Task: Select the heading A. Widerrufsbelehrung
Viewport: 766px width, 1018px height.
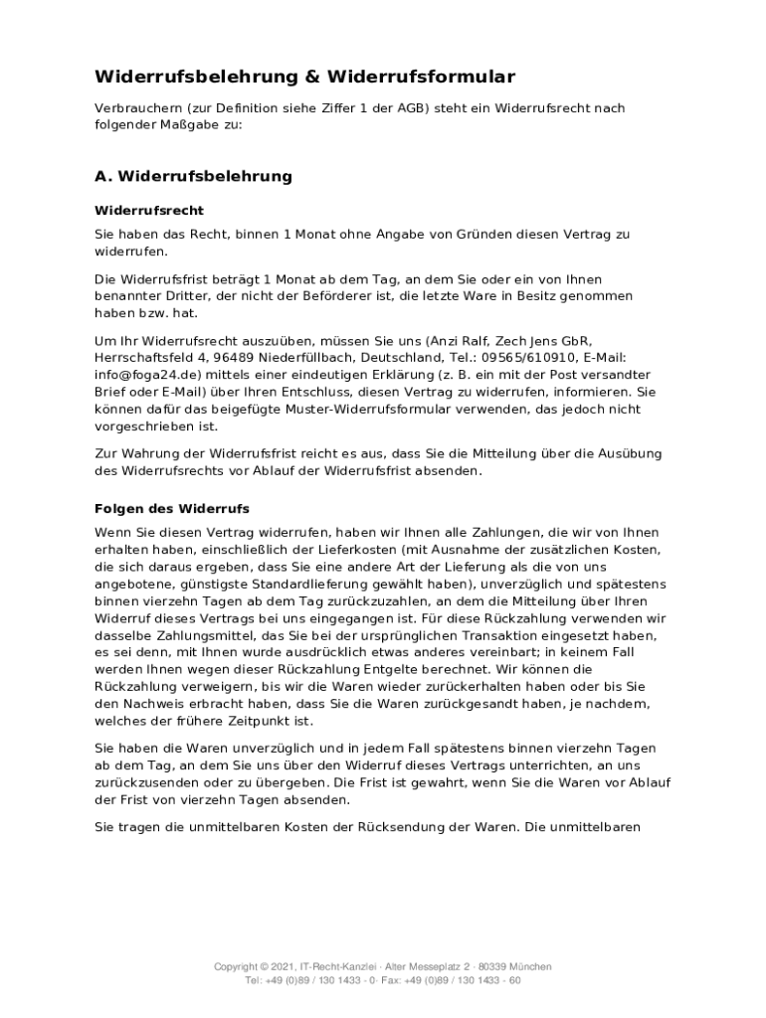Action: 193,176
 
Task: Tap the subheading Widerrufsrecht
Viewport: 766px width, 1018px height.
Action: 149,211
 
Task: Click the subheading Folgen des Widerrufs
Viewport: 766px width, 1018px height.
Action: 171,508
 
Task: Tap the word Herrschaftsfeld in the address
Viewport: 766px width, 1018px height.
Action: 147,357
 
